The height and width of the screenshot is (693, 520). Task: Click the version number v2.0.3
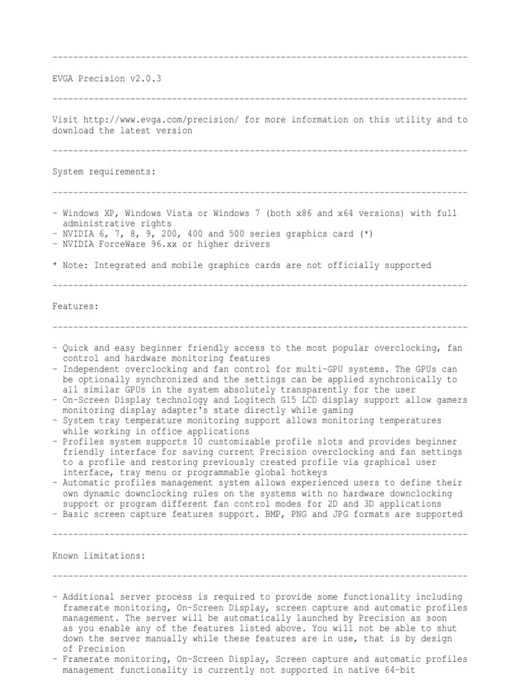(146, 79)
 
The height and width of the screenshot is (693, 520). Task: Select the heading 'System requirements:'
(104, 172)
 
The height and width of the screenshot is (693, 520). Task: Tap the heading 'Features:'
(75, 307)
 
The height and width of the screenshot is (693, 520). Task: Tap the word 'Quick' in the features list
(75, 348)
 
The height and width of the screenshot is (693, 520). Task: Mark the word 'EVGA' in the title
(65, 79)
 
